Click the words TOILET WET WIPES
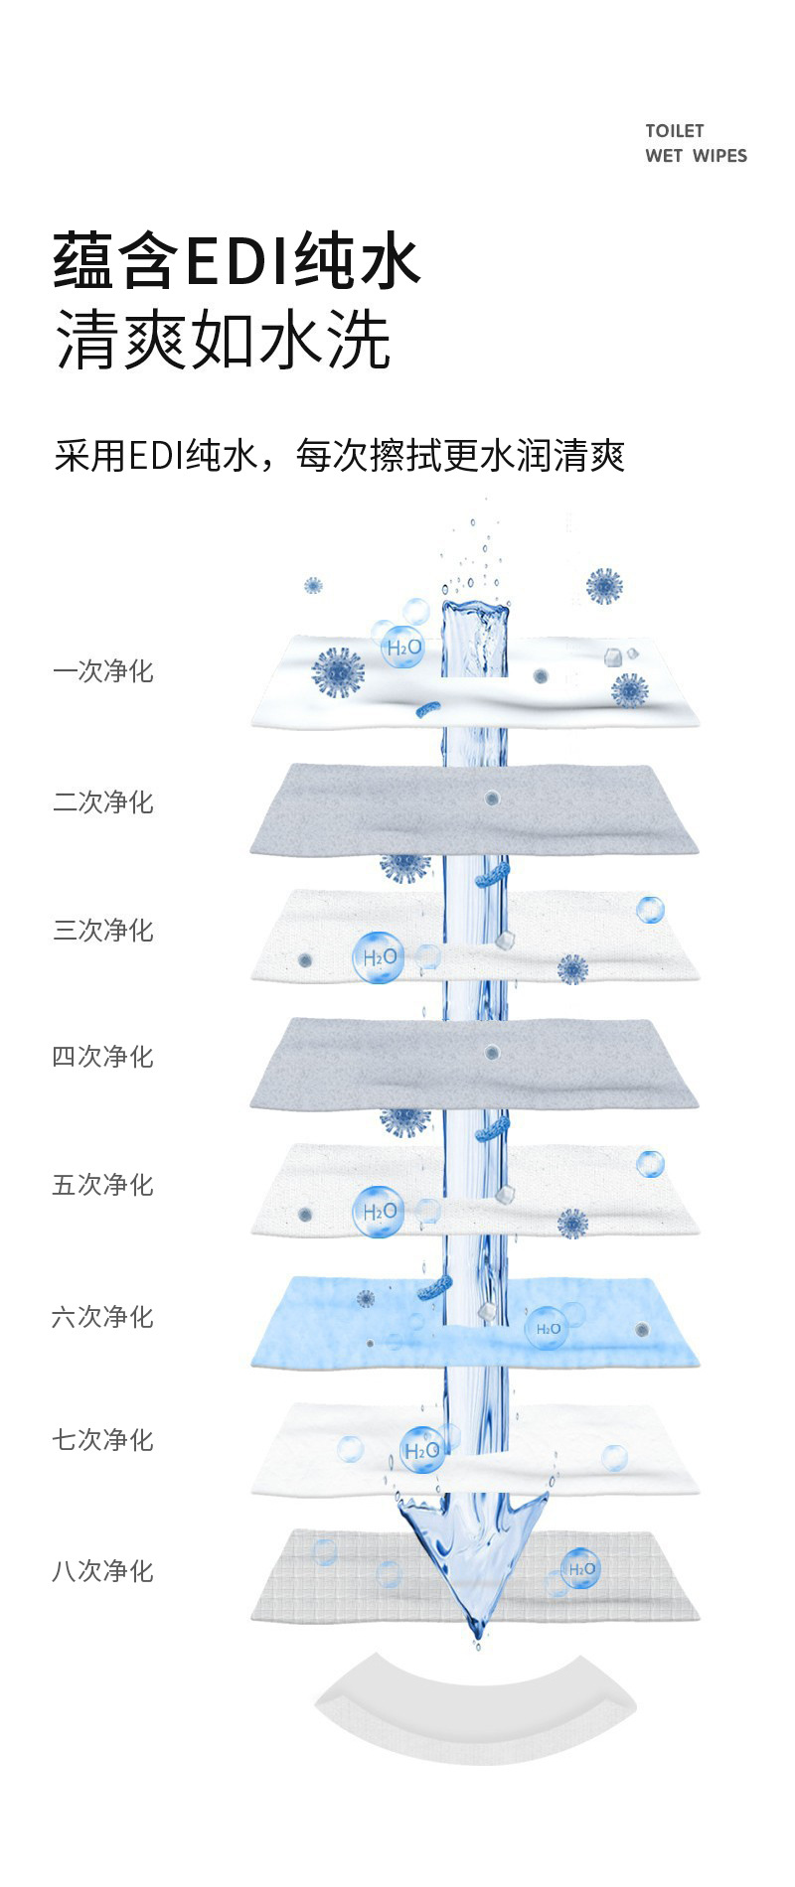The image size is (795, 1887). pos(696,143)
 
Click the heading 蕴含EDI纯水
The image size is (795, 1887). pos(237,261)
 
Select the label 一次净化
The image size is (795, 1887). pos(103,671)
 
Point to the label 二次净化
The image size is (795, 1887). pos(103,801)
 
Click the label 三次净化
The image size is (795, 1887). pos(103,930)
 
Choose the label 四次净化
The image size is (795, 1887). pos(103,1056)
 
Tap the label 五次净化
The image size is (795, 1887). pos(103,1184)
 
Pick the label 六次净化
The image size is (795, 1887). pos(103,1316)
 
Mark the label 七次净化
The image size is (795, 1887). pos(103,1439)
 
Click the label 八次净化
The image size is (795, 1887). pos(103,1570)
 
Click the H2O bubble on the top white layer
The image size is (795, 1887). pos(403,648)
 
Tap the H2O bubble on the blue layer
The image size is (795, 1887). pos(547,1328)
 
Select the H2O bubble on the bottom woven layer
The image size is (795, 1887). pos(580,1569)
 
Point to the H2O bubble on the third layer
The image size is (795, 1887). pos(379,957)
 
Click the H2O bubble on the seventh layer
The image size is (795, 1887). pos(421,1450)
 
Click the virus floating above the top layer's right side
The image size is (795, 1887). pos(603,586)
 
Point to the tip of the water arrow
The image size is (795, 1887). pos(477,1634)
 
